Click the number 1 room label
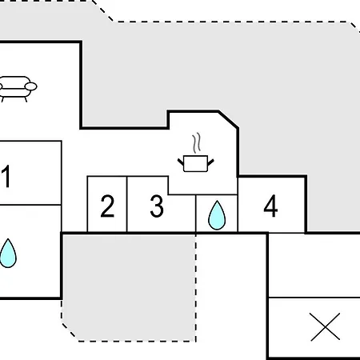[6, 176]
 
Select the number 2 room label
[107, 206]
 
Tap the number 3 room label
[157, 206]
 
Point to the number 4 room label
[270, 206]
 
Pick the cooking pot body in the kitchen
[196, 163]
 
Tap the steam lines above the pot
[197, 143]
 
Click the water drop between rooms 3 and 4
[217, 215]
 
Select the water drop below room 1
[8, 253]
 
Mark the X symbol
[326, 326]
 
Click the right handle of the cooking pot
[210, 162]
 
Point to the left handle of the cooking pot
[181, 162]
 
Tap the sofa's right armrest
[31, 86]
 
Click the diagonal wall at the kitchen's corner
[228, 120]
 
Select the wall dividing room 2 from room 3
[127, 204]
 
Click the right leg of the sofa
[26, 99]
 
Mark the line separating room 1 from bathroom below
[30, 205]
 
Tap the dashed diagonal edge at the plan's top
[102, 10]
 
